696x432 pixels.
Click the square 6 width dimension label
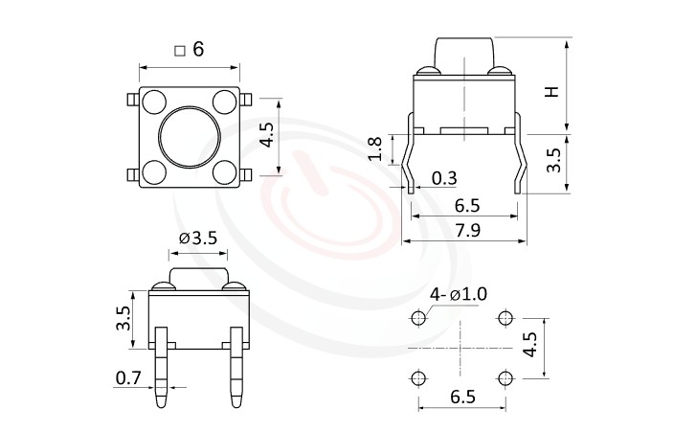pyautogui.click(x=190, y=50)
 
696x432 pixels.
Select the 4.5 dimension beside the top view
pyautogui.click(x=268, y=136)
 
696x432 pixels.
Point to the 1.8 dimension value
pyautogui.click(x=375, y=149)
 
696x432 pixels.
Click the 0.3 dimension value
pyautogui.click(x=444, y=177)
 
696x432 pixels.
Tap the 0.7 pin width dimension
pyautogui.click(x=127, y=378)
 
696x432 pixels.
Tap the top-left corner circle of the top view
pyautogui.click(x=153, y=102)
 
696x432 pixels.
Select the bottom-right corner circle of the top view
pyautogui.click(x=224, y=172)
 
